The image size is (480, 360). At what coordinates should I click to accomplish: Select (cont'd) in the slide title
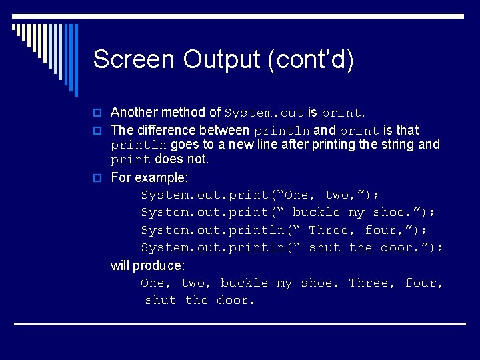(x=310, y=59)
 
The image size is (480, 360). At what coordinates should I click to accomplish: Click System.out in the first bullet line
(x=264, y=113)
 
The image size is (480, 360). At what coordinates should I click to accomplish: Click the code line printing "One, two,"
(x=260, y=195)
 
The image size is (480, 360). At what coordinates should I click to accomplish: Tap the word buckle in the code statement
(x=317, y=212)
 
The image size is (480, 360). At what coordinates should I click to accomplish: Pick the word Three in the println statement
(x=329, y=230)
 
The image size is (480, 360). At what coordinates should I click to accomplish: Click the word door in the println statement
(x=400, y=247)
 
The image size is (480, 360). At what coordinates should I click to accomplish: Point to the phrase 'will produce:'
(x=147, y=265)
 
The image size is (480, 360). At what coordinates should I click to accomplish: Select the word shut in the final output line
(x=161, y=300)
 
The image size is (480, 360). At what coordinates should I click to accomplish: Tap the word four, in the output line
(x=425, y=283)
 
